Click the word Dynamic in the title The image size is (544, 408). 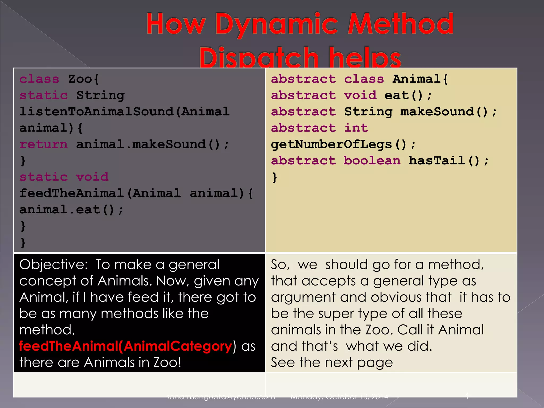tap(276, 24)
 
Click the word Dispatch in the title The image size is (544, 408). tap(259, 57)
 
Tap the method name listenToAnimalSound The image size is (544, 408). tap(96, 112)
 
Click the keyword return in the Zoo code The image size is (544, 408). tap(44, 144)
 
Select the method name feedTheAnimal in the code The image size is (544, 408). tap(72, 193)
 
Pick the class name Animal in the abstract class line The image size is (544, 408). tap(416, 79)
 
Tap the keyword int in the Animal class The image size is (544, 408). tap(356, 128)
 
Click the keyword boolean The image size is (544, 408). tap(372, 161)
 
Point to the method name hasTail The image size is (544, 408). tap(437, 161)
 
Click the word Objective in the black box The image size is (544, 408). tap(53, 265)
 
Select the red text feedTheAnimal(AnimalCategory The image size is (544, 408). tap(126, 346)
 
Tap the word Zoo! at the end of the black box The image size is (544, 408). tap(167, 363)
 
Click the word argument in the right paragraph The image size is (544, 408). tap(303, 297)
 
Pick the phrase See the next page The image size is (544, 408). tap(331, 363)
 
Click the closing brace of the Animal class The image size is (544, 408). tap(275, 177)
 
